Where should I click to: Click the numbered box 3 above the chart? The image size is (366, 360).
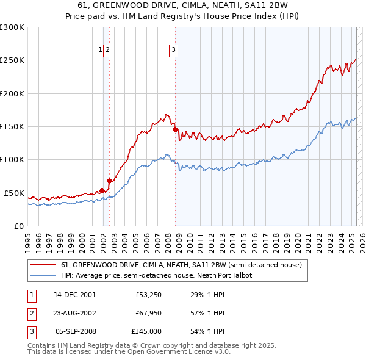[173, 50]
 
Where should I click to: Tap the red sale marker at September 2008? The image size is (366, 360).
[175, 129]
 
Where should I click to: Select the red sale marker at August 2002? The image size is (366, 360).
[110, 181]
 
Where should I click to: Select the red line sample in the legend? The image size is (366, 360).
[43, 265]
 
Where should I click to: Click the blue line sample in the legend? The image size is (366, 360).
[43, 275]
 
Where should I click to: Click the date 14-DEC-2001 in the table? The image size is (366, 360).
[74, 295]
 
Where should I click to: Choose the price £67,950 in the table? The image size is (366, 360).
[148, 313]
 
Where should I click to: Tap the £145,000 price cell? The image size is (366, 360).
[146, 331]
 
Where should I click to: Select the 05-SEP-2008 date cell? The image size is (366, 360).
[76, 331]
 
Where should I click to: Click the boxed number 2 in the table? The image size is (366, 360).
[30, 313]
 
